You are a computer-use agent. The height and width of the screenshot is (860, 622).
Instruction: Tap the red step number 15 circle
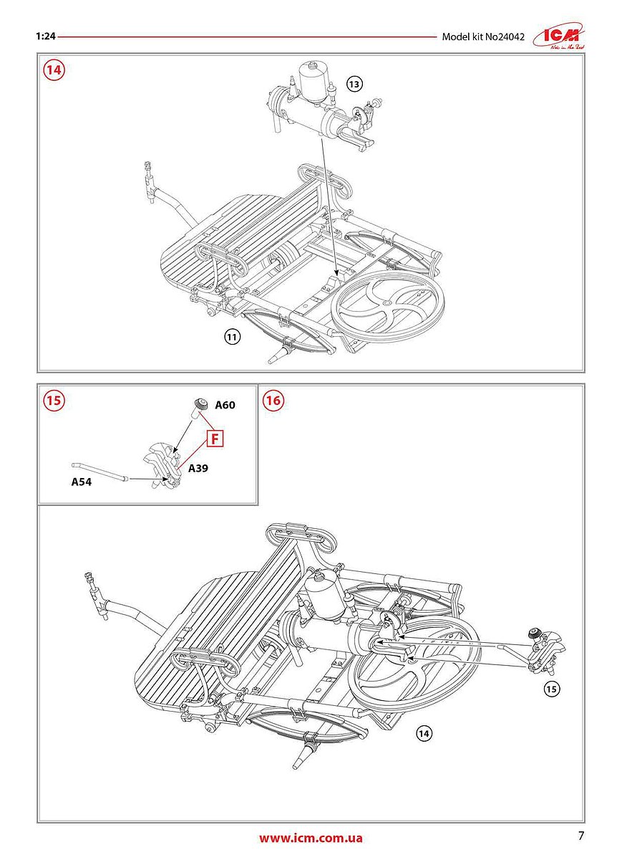[x=54, y=401]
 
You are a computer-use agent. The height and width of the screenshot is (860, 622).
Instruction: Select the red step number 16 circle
[x=273, y=401]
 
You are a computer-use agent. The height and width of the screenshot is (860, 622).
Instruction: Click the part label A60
[x=225, y=405]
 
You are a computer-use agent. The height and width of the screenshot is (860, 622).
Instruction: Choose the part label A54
[x=82, y=482]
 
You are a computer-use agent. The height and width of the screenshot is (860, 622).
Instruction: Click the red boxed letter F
[x=216, y=438]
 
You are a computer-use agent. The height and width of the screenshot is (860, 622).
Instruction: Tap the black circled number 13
[x=354, y=84]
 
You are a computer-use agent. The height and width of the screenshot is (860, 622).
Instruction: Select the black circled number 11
[x=231, y=336]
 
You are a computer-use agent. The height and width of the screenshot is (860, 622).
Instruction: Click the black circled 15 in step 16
[x=550, y=689]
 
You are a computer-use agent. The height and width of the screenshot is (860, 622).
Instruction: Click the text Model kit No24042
[x=483, y=37]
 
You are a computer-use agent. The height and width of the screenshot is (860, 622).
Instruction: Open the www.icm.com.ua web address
[x=311, y=838]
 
